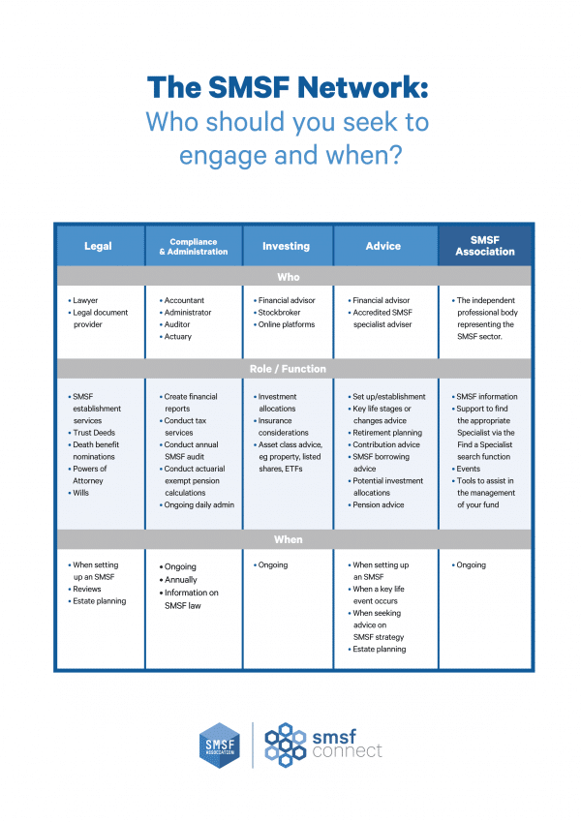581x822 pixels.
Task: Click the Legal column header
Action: point(98,246)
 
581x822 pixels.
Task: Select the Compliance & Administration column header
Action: point(193,246)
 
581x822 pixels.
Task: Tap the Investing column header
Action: point(287,246)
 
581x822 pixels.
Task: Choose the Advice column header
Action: point(383,246)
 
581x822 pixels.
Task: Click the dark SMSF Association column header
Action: point(485,246)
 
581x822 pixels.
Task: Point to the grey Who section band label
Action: point(289,277)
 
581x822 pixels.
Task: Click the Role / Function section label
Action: point(289,369)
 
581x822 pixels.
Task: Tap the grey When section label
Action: point(289,539)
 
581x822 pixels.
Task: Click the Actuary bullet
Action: point(178,337)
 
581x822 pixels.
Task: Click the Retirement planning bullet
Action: point(386,433)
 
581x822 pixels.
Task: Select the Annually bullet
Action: point(181,580)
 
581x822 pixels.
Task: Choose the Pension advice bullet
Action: point(380,504)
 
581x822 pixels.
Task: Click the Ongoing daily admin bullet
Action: point(199,504)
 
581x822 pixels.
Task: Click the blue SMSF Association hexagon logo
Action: point(219,745)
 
